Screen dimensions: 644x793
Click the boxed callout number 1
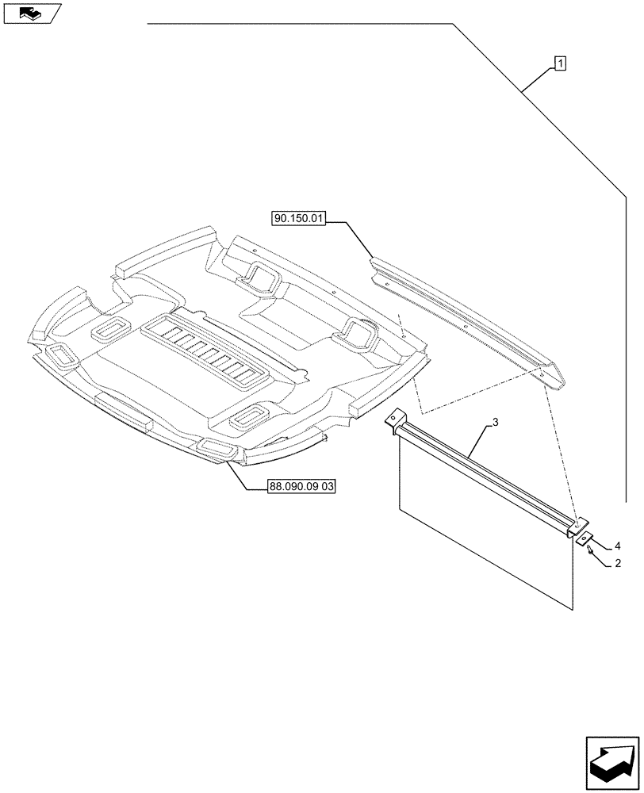[x=560, y=63]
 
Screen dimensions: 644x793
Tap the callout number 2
[x=617, y=564]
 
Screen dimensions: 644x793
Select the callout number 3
[x=495, y=423]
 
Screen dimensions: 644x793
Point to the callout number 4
[x=617, y=546]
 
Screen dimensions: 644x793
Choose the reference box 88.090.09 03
[x=290, y=489]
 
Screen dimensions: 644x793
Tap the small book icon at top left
[x=31, y=13]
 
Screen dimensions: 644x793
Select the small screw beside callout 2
[x=592, y=552]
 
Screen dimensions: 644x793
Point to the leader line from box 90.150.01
[x=351, y=237]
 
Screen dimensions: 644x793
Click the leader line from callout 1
[x=537, y=80]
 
